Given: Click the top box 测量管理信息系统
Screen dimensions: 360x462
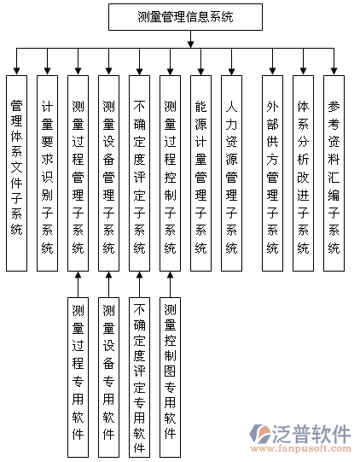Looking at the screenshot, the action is click(x=185, y=17).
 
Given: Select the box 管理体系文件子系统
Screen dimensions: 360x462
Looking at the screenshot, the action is click(x=17, y=173).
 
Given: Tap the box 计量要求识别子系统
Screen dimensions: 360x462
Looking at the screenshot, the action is click(x=48, y=173).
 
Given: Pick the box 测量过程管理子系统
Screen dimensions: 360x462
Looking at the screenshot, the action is click(x=78, y=173).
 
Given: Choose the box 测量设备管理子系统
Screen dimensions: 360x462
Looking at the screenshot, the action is click(x=108, y=173).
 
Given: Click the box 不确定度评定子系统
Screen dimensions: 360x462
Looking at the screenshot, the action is click(x=140, y=173).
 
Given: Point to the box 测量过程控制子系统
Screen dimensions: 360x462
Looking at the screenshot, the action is click(x=170, y=173).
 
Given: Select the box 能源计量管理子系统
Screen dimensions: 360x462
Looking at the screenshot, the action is click(x=200, y=173).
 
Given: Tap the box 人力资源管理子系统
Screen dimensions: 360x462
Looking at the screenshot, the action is click(x=232, y=173).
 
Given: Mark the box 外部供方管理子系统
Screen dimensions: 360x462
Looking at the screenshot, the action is click(x=273, y=173).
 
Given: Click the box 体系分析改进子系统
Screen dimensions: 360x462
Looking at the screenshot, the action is click(x=303, y=173).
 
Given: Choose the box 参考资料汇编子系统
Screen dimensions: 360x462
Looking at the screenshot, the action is click(x=334, y=173).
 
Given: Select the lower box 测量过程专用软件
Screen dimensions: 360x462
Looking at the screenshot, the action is click(x=78, y=377).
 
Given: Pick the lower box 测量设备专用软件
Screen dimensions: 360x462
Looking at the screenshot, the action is click(x=108, y=377).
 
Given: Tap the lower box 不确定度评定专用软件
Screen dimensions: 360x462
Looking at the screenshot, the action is click(x=140, y=377).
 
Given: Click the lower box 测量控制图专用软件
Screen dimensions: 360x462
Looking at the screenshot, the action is click(x=170, y=377).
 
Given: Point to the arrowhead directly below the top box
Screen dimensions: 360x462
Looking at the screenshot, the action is click(x=191, y=44).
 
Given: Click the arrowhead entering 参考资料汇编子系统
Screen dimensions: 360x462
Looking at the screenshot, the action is click(x=334, y=71).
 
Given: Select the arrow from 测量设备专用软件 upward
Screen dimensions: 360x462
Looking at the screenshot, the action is click(x=108, y=284).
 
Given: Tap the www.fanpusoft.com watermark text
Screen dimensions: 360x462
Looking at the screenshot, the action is click(x=301, y=448).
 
